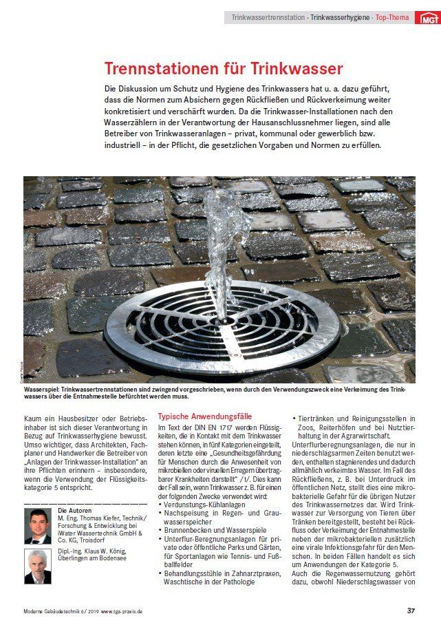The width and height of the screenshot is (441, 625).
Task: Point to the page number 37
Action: tap(411, 611)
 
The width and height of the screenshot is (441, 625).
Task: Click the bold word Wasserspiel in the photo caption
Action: tap(42, 390)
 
